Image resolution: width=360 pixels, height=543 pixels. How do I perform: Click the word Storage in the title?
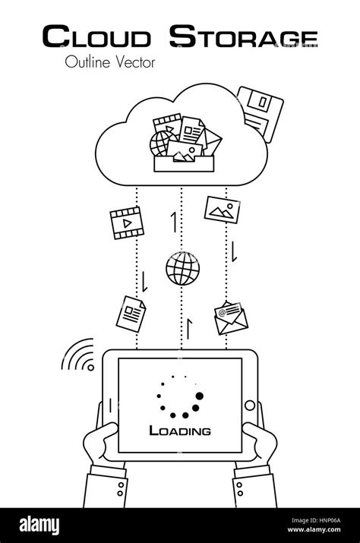pos(242,36)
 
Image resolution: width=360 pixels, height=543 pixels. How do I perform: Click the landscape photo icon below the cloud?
pos(222,210)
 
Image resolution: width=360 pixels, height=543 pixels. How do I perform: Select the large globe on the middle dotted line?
pos(182,269)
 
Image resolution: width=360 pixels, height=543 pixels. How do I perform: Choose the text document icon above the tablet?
pos(131,312)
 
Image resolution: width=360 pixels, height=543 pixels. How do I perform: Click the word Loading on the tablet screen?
pos(180,431)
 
